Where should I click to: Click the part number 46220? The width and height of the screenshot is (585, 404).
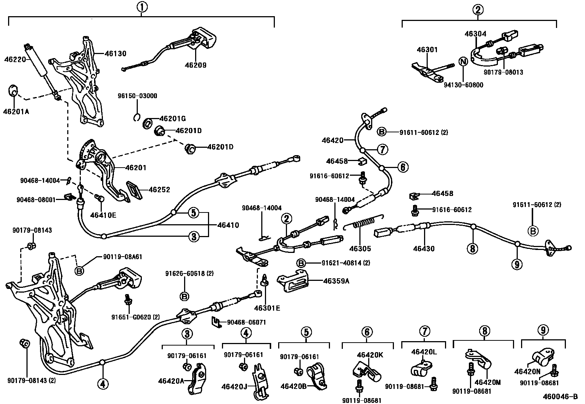(14, 58)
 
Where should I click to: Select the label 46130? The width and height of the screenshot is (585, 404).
(115, 54)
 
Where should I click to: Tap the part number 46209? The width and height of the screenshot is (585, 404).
(196, 65)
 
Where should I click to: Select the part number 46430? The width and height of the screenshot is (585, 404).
(424, 249)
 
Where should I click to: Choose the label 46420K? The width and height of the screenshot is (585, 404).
(370, 355)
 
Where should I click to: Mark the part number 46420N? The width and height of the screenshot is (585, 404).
(527, 372)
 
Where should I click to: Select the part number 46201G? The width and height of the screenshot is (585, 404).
(172, 118)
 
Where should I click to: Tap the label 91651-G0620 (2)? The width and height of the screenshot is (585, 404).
(136, 317)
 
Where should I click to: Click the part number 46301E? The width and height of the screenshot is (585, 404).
(267, 308)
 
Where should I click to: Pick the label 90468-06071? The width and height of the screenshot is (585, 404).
(246, 322)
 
